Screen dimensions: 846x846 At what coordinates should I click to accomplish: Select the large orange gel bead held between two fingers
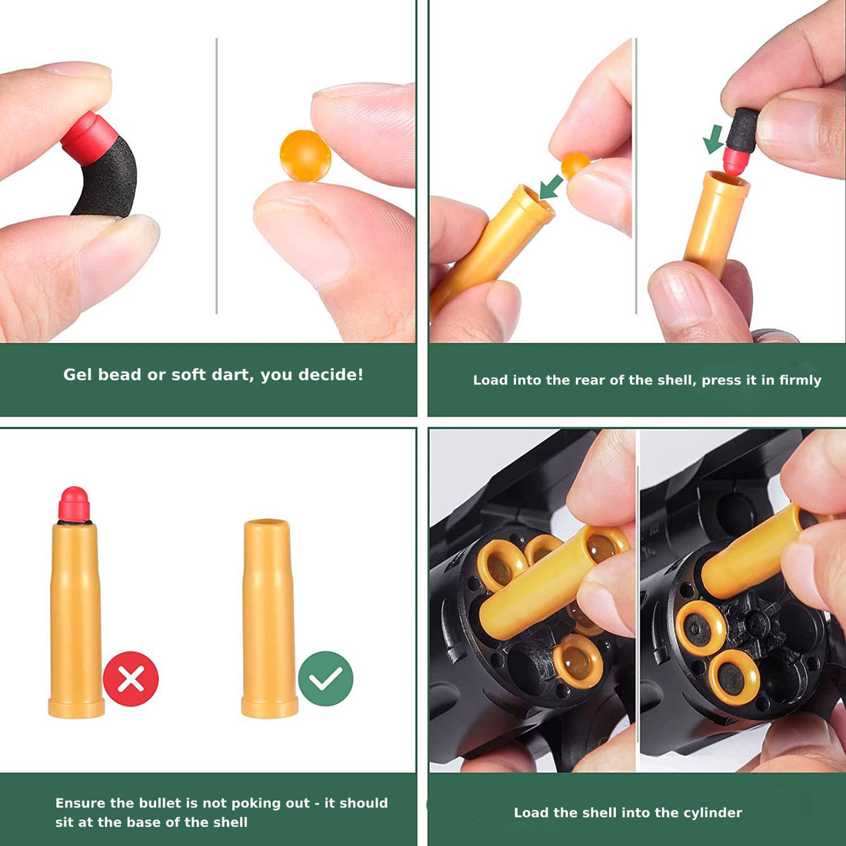click(x=305, y=155)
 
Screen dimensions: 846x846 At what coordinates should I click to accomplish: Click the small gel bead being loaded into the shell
click(x=575, y=164)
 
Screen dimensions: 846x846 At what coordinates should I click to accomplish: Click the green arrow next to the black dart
click(x=714, y=138)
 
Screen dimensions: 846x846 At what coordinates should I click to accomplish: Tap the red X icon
click(x=131, y=679)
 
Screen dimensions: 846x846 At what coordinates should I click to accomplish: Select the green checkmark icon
click(x=325, y=678)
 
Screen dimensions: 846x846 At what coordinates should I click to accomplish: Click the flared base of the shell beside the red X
click(x=76, y=707)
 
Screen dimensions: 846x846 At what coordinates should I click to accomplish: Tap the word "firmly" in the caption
click(x=800, y=380)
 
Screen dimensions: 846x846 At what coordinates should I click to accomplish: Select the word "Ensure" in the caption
click(x=78, y=803)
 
